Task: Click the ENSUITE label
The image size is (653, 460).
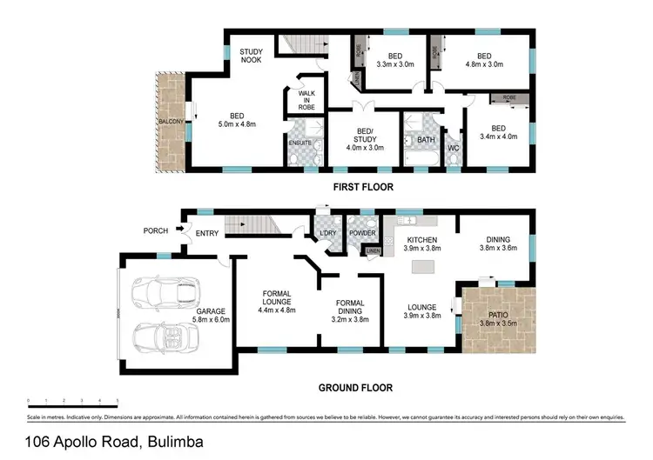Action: pos(301,142)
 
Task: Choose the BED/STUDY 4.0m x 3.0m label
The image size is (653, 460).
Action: pos(364,139)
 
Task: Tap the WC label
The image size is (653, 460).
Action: pos(453,148)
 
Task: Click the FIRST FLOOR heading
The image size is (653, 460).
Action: pos(363,187)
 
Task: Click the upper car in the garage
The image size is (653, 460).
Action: pos(164,294)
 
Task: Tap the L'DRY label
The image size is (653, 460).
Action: pos(329,234)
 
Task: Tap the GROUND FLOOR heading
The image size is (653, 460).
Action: pos(354,388)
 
